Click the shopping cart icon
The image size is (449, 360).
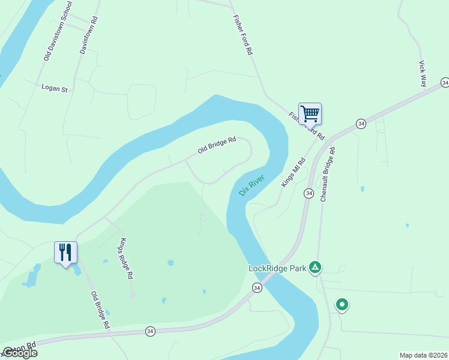(x=310, y=113)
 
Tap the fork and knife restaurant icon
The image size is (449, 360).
(x=65, y=252)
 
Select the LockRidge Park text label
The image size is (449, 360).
(x=277, y=268)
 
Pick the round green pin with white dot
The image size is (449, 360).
(x=342, y=305)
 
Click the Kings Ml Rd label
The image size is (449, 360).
(x=294, y=172)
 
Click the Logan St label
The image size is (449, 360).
(x=55, y=88)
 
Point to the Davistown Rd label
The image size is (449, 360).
(x=89, y=35)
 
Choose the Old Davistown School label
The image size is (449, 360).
(x=58, y=31)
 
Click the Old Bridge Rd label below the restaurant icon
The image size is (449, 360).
(x=100, y=310)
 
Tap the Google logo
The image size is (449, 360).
(x=19, y=353)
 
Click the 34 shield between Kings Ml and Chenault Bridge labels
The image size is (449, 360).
(x=309, y=193)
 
